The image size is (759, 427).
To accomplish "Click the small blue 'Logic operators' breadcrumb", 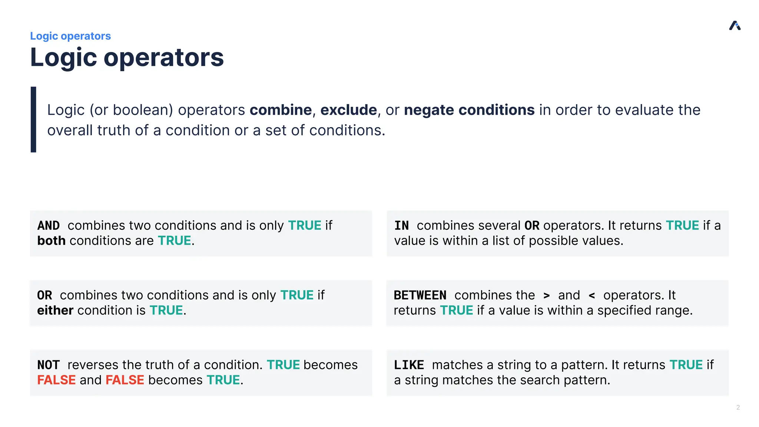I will (x=70, y=36).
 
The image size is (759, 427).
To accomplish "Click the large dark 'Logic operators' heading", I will (x=127, y=58).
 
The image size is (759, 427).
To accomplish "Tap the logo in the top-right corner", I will (x=735, y=26).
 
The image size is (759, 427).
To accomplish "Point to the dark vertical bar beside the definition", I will (x=33, y=119).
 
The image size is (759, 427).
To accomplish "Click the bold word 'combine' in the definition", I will (x=281, y=110).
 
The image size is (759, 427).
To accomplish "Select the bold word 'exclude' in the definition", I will (x=348, y=110).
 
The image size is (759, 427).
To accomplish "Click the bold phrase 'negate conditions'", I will (x=469, y=110).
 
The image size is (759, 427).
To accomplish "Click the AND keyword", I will (x=49, y=225).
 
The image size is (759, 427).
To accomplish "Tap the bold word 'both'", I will (x=51, y=241).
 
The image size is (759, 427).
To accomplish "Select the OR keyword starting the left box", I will (x=44, y=295).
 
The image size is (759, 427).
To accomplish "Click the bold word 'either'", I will (x=55, y=310).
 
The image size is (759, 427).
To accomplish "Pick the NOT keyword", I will (x=48, y=365).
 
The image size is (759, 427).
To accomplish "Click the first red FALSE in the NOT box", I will (x=56, y=380).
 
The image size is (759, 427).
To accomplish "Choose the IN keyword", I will (x=401, y=225).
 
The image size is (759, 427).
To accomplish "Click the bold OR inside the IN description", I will (x=532, y=225).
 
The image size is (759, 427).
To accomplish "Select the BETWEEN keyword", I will (x=420, y=295).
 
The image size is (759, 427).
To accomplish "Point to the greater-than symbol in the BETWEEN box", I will (x=547, y=295).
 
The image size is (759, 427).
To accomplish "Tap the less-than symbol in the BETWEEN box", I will (x=592, y=295).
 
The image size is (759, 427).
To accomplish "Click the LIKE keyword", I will (x=409, y=365).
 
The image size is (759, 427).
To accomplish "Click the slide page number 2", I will (x=738, y=407).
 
